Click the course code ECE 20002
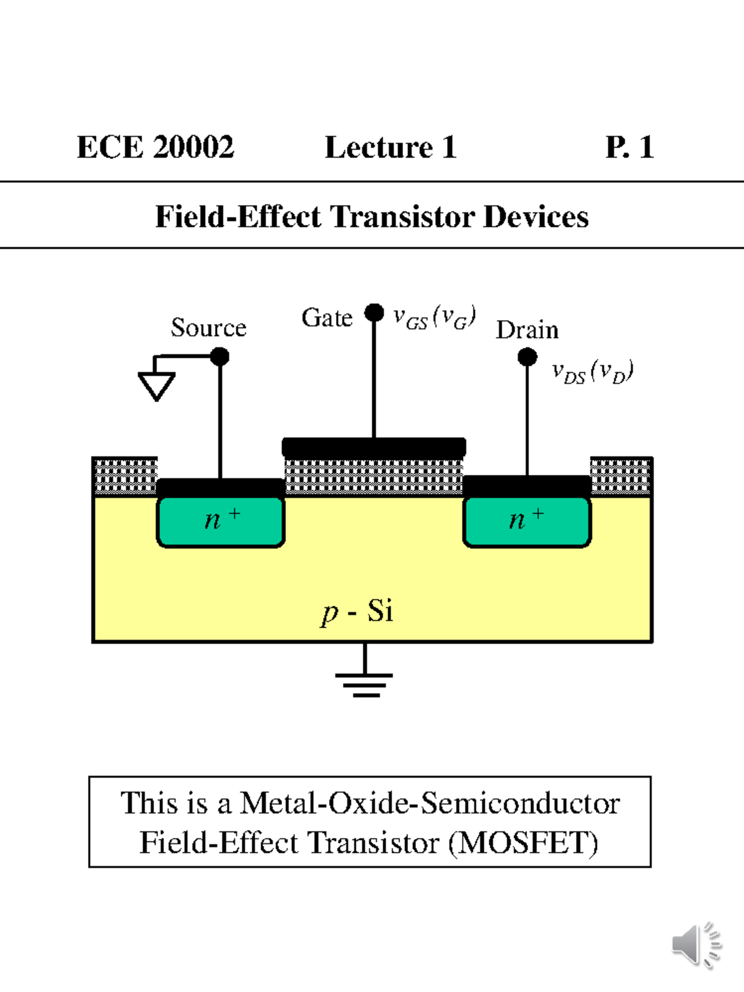click(156, 148)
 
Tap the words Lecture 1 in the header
click(391, 148)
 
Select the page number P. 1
click(629, 148)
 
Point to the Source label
click(208, 327)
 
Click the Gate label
click(327, 317)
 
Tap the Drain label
click(527, 330)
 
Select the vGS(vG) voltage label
click(434, 317)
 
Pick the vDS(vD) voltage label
click(592, 372)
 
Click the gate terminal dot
click(374, 312)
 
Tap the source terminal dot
click(219, 356)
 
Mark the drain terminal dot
click(527, 356)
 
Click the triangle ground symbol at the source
click(156, 384)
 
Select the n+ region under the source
click(221, 521)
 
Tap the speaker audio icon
click(696, 945)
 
